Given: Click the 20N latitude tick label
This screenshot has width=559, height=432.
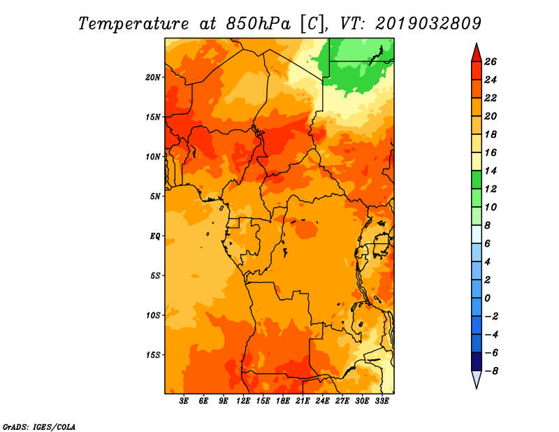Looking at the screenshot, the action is click(x=153, y=77).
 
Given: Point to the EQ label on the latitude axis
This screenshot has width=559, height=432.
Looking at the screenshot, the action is click(x=155, y=236).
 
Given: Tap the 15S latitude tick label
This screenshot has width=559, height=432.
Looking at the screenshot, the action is click(x=153, y=354).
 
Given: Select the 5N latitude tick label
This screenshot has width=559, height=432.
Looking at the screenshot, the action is click(x=155, y=196).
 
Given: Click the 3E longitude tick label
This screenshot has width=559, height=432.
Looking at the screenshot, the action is click(x=184, y=401).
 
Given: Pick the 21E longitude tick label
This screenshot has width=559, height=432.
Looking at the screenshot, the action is click(x=303, y=401).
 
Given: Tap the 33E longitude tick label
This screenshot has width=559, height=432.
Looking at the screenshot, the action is click(x=382, y=401).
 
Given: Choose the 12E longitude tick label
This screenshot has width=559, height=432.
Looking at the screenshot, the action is click(x=243, y=401).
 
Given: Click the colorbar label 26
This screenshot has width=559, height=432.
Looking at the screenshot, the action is click(x=491, y=62).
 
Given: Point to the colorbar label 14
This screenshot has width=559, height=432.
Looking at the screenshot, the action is click(x=491, y=171).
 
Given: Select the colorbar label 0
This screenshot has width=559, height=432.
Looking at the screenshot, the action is click(x=487, y=298).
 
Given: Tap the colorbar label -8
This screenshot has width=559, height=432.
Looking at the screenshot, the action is click(x=491, y=371).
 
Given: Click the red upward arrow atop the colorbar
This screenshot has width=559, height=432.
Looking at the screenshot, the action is click(x=477, y=53).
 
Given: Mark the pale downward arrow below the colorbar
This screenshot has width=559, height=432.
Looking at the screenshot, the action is click(x=477, y=379).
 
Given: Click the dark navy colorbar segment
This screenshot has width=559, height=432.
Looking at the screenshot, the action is click(x=477, y=361).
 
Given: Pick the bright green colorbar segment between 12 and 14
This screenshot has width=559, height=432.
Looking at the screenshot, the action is click(x=477, y=180).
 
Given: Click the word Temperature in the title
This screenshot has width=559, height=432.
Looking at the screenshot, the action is click(x=133, y=24).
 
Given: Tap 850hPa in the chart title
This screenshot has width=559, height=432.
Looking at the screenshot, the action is click(x=259, y=24).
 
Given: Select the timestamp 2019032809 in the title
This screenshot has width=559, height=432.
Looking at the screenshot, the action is click(x=428, y=24).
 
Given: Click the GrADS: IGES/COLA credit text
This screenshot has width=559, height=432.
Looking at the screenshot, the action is click(x=39, y=426).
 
